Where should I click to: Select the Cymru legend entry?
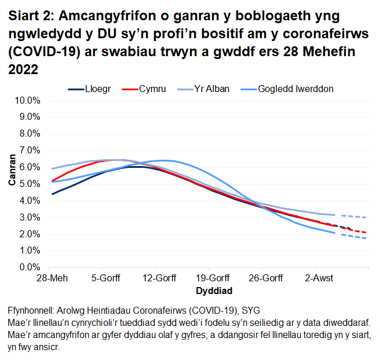[x=152, y=89]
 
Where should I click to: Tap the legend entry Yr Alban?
[x=211, y=89]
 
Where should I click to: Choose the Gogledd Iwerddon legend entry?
[x=295, y=89]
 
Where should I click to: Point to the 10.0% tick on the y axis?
[x=26, y=100]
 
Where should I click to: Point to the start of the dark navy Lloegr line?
[x=52, y=194]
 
